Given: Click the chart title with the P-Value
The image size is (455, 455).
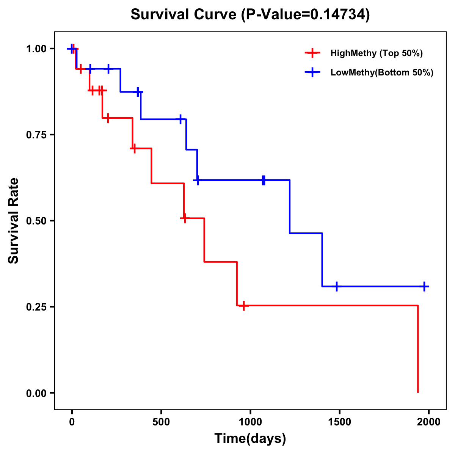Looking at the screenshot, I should coord(250,14).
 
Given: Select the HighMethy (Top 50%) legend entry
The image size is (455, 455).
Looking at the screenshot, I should coord(376,53).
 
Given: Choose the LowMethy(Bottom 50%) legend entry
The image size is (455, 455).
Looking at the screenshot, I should coord(381,72).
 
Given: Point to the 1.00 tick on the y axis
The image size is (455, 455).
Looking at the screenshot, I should coord(36,49).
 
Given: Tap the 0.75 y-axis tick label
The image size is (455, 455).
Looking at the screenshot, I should coord(36,135).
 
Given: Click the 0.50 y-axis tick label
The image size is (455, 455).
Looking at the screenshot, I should coord(36,221).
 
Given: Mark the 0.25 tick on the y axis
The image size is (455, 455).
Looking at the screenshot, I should coord(36,307).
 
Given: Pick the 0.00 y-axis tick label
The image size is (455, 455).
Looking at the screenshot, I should coord(36,393).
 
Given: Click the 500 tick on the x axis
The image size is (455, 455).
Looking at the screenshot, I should coord(161,422).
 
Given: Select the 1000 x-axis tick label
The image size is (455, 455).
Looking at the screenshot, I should coord(250,422).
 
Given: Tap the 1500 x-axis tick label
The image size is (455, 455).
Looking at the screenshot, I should coord(339,422).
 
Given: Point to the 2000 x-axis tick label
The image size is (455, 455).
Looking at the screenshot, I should coord(428,422).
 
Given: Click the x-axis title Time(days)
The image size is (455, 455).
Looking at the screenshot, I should coord(250,439).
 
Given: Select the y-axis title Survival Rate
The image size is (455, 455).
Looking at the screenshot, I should coord(14,221).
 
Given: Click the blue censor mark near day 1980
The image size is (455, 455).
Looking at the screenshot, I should coord(425,286).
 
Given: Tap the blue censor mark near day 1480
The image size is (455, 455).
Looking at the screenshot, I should coord(336,286).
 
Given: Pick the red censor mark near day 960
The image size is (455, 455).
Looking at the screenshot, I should coord(243,305).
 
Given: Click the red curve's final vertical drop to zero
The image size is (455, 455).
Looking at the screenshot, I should coord(418,349).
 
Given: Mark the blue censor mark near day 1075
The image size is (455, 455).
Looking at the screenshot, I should coord(264,180).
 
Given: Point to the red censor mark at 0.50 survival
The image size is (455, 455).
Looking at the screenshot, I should coord(184,218).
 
